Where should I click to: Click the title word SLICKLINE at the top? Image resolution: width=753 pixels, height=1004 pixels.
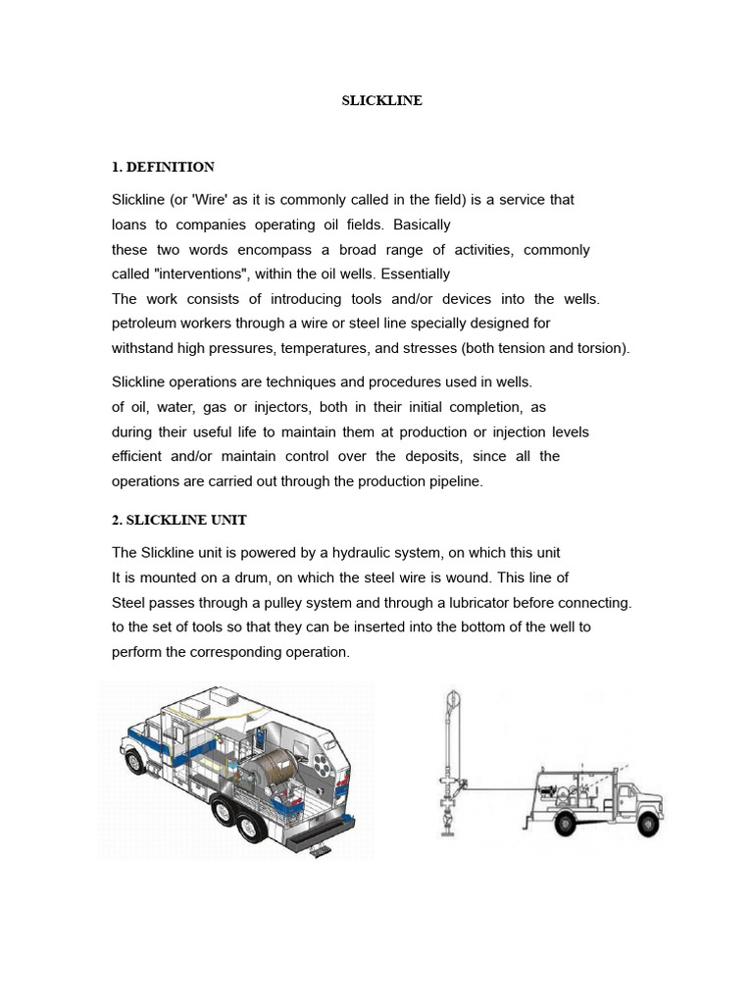(x=381, y=100)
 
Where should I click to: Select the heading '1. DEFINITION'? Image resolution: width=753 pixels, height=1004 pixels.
(x=163, y=167)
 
